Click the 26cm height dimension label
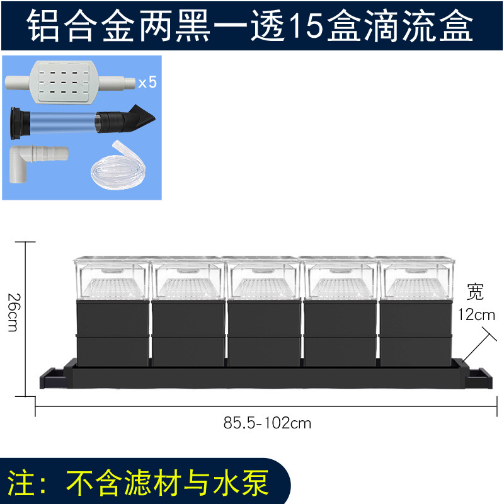[14, 314]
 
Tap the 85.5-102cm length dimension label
[268, 423]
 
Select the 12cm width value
[478, 314]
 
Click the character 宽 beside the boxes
[476, 291]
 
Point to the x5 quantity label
[147, 82]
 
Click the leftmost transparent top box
[112, 278]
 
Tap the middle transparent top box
[263, 278]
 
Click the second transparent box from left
[188, 278]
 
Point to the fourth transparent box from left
[339, 278]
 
